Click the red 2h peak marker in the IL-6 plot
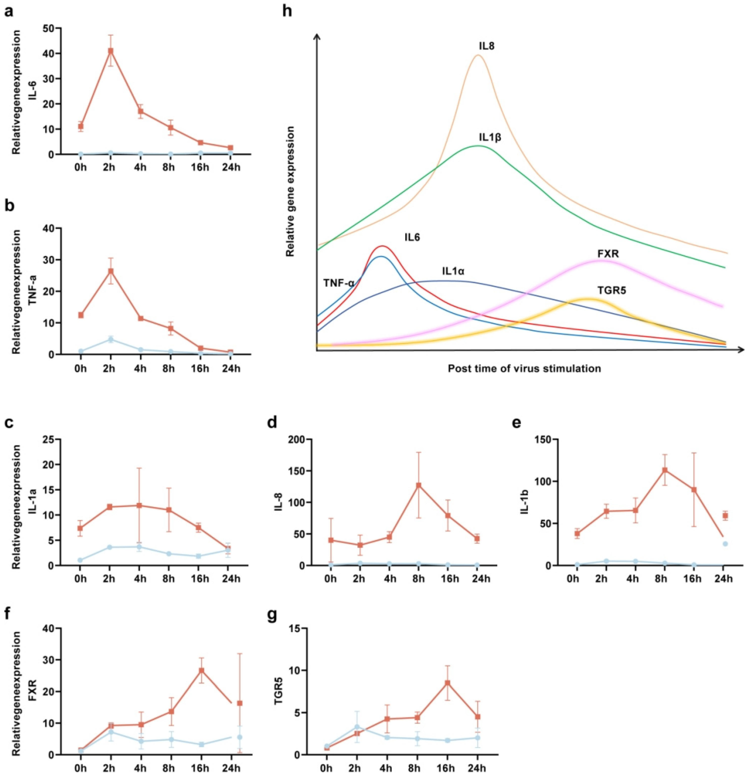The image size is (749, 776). tap(111, 51)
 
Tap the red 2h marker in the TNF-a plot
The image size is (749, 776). tap(111, 271)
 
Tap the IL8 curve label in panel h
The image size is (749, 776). tap(486, 46)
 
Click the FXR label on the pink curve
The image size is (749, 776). tap(608, 253)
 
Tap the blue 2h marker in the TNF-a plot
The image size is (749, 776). tap(111, 339)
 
